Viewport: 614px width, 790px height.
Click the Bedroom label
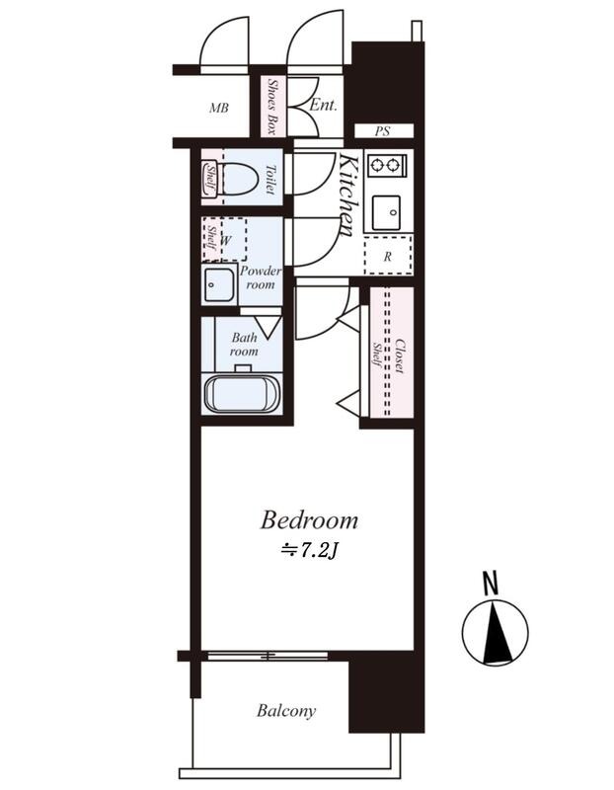click(x=309, y=520)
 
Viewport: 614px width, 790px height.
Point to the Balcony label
click(x=286, y=711)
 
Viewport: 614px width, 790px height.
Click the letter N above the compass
click(x=490, y=584)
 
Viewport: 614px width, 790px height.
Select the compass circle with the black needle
click(x=496, y=633)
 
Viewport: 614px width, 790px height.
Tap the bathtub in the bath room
click(x=242, y=394)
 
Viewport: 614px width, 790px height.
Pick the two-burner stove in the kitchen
click(x=387, y=165)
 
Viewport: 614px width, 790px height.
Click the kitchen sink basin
click(x=387, y=212)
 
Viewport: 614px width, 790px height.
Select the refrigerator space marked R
click(x=388, y=255)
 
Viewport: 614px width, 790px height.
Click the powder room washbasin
click(x=219, y=285)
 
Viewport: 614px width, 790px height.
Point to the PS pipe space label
click(x=383, y=131)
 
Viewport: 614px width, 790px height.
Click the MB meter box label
click(x=219, y=108)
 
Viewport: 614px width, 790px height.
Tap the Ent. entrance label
click(x=323, y=105)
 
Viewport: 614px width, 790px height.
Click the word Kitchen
click(x=349, y=196)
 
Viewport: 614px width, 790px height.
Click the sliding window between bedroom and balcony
click(x=268, y=656)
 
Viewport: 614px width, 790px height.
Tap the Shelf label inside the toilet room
click(x=209, y=179)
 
